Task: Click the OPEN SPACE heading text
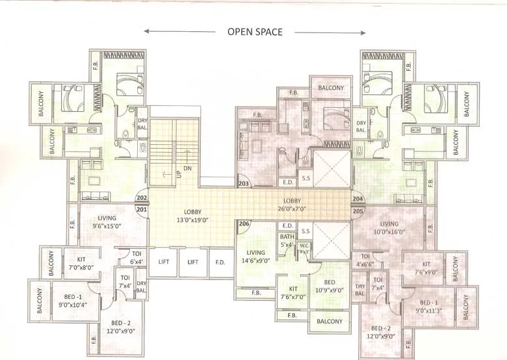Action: pos(254,32)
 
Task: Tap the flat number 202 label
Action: pos(142,199)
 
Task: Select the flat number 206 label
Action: pos(244,224)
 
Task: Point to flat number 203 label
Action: pos(244,184)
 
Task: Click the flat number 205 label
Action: pos(357,210)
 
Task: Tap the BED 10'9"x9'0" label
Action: pos(329,287)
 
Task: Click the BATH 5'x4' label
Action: pos(287,241)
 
